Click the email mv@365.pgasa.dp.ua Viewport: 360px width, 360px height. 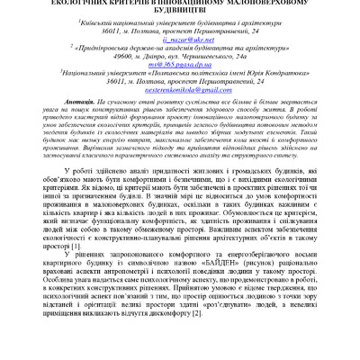pyautogui.click(x=179, y=78)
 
